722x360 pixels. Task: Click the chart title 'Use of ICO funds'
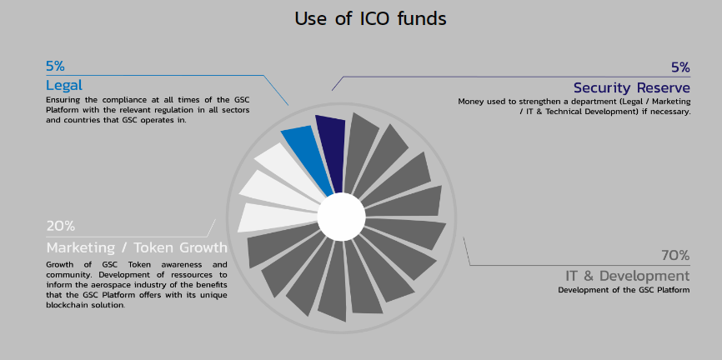click(x=370, y=19)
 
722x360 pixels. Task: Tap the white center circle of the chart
click(x=341, y=217)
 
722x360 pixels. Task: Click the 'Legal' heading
click(x=64, y=85)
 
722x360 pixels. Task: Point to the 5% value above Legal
click(x=55, y=67)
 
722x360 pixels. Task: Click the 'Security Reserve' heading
click(x=632, y=87)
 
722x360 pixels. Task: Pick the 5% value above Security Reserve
click(x=680, y=67)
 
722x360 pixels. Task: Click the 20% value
click(x=60, y=226)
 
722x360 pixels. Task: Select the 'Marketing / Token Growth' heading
click(x=137, y=247)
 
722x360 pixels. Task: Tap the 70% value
click(x=675, y=255)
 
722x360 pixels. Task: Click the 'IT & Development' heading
click(x=628, y=276)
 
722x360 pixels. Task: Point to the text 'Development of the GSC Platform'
click(x=624, y=290)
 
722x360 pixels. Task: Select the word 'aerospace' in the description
click(x=102, y=285)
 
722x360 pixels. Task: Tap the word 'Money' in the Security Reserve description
click(x=469, y=102)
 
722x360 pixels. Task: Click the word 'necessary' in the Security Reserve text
click(x=674, y=112)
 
